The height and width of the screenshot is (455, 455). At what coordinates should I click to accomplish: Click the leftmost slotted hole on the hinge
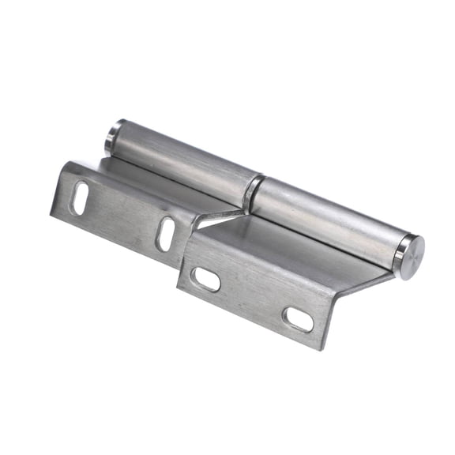coord(81,197)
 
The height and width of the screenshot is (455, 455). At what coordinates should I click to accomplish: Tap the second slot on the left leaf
coord(166,233)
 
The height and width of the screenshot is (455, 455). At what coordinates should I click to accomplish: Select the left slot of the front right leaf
coord(207,279)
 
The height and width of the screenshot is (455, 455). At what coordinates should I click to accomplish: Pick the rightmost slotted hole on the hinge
coord(298,319)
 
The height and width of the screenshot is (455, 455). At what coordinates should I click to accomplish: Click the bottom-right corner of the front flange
coord(322,348)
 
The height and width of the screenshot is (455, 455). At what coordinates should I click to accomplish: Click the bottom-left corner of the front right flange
coord(178,291)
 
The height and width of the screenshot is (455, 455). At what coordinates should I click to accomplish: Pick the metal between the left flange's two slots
coord(122,215)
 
